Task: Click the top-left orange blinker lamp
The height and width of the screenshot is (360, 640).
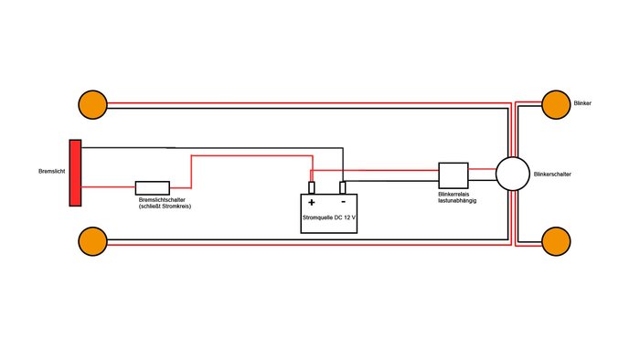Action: click(x=92, y=105)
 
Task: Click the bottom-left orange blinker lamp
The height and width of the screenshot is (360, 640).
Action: click(x=92, y=241)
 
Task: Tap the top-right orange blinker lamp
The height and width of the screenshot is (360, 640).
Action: click(x=556, y=105)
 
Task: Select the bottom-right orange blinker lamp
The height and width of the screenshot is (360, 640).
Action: click(x=556, y=241)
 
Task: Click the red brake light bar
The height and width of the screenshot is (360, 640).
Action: click(x=75, y=173)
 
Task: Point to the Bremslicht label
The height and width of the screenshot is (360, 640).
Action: click(x=52, y=171)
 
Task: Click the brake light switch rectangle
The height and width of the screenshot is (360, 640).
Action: click(x=153, y=188)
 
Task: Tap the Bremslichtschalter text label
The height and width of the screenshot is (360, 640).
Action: click(x=162, y=200)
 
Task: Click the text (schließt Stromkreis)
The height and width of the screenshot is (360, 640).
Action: click(x=165, y=206)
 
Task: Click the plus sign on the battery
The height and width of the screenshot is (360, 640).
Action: click(x=312, y=202)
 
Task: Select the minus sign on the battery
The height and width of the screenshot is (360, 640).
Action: click(x=343, y=201)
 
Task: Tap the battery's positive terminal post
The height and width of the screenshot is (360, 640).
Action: click(x=312, y=187)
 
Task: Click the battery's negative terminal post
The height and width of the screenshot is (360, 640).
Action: click(x=343, y=187)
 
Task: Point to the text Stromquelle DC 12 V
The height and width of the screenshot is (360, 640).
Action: click(x=329, y=217)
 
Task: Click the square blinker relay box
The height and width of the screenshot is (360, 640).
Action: click(x=453, y=175)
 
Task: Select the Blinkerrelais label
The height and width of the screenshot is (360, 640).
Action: click(x=453, y=195)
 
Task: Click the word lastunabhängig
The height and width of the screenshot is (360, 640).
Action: click(x=457, y=201)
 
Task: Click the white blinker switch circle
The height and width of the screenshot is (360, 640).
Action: click(x=513, y=174)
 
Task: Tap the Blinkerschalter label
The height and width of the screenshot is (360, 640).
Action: click(x=552, y=175)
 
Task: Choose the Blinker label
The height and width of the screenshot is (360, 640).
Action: click(x=582, y=103)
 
